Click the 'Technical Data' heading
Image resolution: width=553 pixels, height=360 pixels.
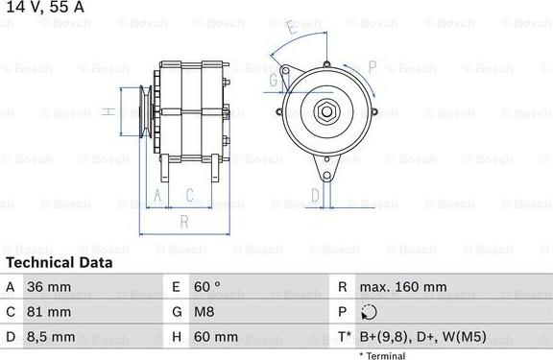pos(59,262)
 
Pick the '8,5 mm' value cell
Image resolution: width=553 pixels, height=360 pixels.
pos(54,337)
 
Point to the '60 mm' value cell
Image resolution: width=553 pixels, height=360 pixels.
pos(217,337)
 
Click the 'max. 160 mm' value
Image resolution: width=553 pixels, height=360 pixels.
pos(402,287)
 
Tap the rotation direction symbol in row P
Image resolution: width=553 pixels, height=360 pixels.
pos(372,312)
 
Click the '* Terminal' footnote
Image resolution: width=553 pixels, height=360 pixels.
pos(382,355)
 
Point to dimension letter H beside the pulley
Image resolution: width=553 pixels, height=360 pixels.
pos(109,112)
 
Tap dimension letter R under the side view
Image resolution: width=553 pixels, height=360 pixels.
pos(183,222)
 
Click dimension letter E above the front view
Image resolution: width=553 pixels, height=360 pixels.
pos(292,30)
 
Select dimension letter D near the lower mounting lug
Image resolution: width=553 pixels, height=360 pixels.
pos(315,197)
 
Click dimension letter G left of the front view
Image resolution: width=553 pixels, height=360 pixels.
pos(273,81)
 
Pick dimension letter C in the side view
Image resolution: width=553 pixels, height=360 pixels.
pos(190,196)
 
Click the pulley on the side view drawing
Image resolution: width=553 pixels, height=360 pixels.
pos(145,112)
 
